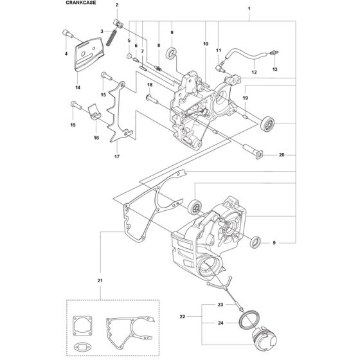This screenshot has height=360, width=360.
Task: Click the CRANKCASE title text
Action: pos(81,3)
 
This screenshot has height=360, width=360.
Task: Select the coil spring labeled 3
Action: pos(112,37)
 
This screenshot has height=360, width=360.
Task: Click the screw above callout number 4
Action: pos(67,33)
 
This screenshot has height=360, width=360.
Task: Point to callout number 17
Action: pos(117,157)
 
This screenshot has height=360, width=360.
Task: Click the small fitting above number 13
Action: pos(274,53)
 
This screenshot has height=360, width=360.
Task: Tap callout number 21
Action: pos(100,280)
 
